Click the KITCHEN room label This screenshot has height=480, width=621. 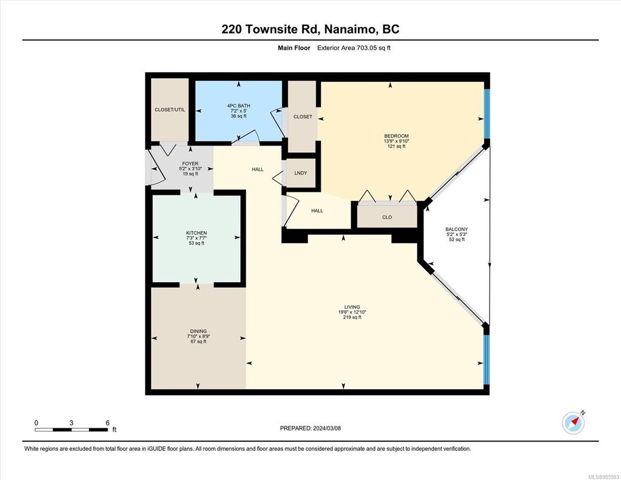pyautogui.click(x=196, y=233)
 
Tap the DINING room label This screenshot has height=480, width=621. pyautogui.click(x=198, y=331)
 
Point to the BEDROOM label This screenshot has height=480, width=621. pyautogui.click(x=396, y=136)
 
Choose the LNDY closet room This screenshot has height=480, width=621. pyautogui.click(x=300, y=173)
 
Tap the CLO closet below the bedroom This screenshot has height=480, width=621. pyautogui.click(x=387, y=217)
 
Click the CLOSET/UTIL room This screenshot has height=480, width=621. pyautogui.click(x=170, y=110)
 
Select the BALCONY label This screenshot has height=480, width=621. pyautogui.click(x=456, y=229)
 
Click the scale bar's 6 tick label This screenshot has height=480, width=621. pyautogui.click(x=107, y=422)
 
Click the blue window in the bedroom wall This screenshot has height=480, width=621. pyautogui.click(x=486, y=114)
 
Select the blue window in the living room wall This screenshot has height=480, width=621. pyautogui.click(x=486, y=360)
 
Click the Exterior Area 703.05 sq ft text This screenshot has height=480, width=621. pyautogui.click(x=354, y=48)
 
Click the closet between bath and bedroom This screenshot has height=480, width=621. pyautogui.click(x=302, y=117)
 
